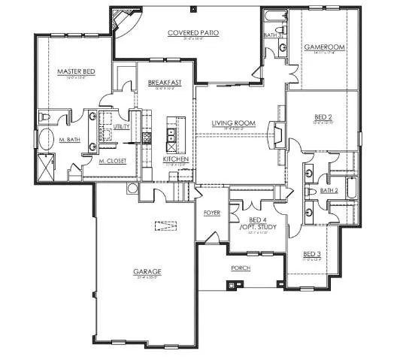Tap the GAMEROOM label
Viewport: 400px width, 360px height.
click(324, 47)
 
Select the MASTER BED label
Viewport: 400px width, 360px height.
click(74, 71)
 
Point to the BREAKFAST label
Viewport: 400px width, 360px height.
click(162, 83)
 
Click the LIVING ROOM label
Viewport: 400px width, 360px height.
click(234, 123)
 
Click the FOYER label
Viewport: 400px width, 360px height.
click(211, 213)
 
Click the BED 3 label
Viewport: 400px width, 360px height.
click(312, 254)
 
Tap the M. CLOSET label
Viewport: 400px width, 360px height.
click(111, 161)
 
